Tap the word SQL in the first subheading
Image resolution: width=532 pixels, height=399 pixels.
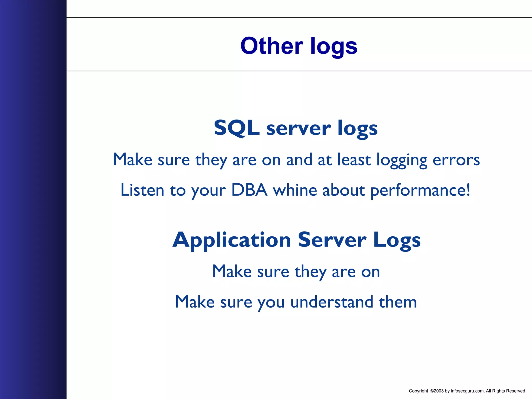point(237,128)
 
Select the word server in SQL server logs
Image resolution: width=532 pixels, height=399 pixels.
point(298,129)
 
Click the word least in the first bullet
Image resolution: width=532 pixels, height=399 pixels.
point(354,159)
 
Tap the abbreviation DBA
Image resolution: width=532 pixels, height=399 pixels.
point(249,190)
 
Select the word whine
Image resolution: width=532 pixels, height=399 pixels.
point(295,190)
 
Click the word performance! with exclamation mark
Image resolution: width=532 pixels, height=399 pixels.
point(420,191)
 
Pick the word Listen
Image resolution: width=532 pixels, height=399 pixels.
point(142,190)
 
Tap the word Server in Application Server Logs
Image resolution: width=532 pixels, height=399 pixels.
point(332,240)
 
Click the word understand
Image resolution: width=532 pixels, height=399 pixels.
point(332,302)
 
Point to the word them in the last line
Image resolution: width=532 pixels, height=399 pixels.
point(398,302)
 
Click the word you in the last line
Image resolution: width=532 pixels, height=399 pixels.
point(271,303)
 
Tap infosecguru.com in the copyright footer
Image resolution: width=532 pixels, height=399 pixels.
point(467,391)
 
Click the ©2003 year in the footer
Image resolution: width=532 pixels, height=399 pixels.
point(437,391)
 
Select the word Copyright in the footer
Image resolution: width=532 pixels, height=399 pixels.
point(418,391)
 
